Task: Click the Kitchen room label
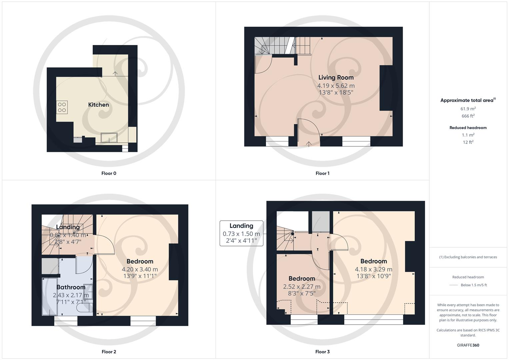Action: (98, 105)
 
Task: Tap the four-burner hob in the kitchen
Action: (62, 107)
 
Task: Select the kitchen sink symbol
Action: (109, 137)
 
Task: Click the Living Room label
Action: (336, 77)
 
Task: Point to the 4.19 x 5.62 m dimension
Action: (336, 86)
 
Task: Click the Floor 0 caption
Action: (109, 173)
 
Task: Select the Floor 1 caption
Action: (322, 173)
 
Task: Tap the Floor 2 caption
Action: (109, 352)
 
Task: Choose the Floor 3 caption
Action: (322, 352)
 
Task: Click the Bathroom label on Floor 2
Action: (71, 287)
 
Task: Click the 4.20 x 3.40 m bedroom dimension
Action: (140, 269)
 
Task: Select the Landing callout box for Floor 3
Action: (241, 233)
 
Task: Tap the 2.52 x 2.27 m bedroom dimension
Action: (302, 287)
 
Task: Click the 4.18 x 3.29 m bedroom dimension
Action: (373, 269)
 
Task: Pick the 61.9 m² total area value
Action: (468, 109)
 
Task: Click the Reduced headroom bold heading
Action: (468, 128)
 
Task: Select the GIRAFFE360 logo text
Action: (468, 345)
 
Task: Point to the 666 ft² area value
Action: (468, 116)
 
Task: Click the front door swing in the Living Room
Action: (309, 128)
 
